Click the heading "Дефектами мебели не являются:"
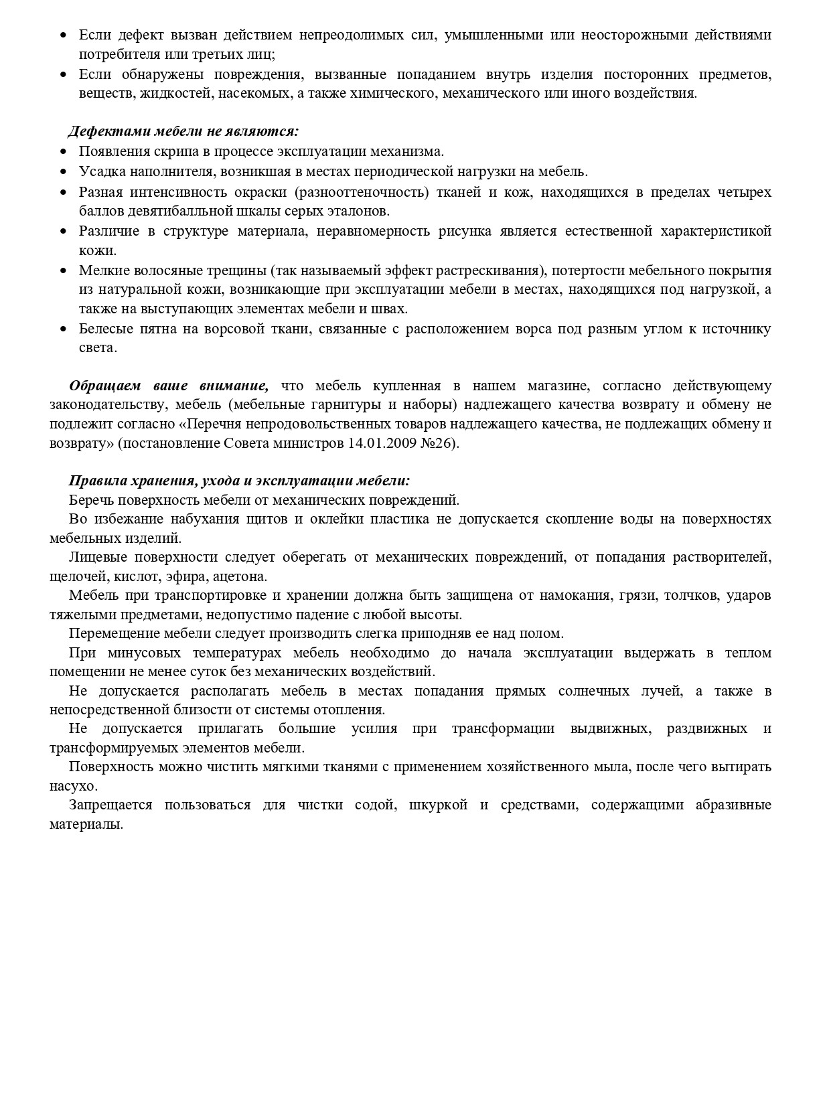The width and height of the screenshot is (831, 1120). (x=183, y=131)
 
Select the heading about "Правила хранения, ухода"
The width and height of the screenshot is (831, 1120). (x=239, y=481)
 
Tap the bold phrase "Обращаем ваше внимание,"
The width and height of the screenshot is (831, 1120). (x=169, y=386)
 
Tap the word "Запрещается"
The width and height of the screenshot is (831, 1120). (x=110, y=805)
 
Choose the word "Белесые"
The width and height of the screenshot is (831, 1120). (x=105, y=329)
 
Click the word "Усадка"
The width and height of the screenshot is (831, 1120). (x=100, y=171)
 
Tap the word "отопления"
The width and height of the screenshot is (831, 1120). (x=352, y=710)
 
